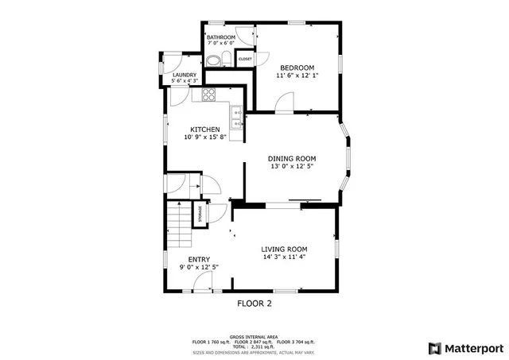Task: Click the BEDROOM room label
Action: click(297, 68)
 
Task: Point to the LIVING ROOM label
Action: click(284, 249)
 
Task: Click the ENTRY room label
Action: click(199, 259)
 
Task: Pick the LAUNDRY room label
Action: click(185, 75)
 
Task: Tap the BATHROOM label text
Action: click(220, 37)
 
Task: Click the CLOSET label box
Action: click(245, 59)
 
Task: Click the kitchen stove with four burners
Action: click(209, 95)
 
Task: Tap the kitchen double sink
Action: click(237, 118)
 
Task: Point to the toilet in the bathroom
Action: click(225, 58)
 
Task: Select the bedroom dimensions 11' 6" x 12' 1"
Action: click(297, 76)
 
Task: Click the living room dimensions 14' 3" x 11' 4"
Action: click(284, 257)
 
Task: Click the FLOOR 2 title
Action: click(254, 304)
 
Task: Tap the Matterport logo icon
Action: click(434, 348)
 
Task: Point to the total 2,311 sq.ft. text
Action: click(254, 346)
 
